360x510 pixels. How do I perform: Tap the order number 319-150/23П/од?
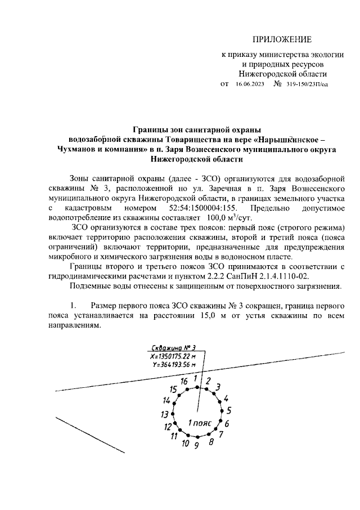[x=307, y=84]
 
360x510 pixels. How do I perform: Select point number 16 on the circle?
[x=184, y=381]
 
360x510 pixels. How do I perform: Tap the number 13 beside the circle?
[x=165, y=414]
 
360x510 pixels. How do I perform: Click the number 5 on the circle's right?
[x=229, y=410]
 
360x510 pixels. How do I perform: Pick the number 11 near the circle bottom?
[x=174, y=436]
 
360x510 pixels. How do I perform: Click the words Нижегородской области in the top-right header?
[x=282, y=74]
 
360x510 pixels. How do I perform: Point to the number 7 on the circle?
[x=221, y=434]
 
